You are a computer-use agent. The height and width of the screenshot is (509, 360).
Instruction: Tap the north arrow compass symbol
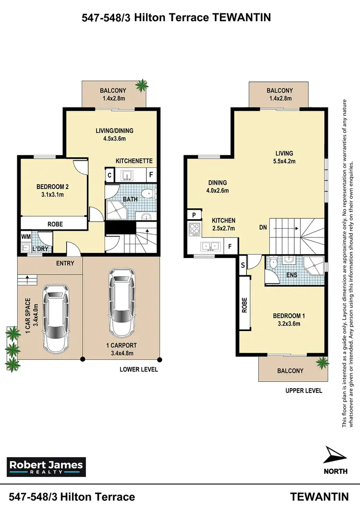click(336, 454)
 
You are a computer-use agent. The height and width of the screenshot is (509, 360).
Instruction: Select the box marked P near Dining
click(193, 214)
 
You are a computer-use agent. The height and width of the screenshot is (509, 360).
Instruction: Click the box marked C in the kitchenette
click(110, 176)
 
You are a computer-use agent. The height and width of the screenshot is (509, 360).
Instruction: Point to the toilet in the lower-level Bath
click(149, 194)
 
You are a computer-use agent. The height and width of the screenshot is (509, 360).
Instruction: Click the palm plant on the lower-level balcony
click(142, 86)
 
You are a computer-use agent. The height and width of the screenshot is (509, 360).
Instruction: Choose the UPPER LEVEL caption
click(303, 391)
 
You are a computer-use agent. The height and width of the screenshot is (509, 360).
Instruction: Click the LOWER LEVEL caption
click(139, 370)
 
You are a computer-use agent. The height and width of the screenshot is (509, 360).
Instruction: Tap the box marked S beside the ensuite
click(243, 265)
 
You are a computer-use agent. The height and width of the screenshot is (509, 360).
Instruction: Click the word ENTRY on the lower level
click(65, 263)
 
